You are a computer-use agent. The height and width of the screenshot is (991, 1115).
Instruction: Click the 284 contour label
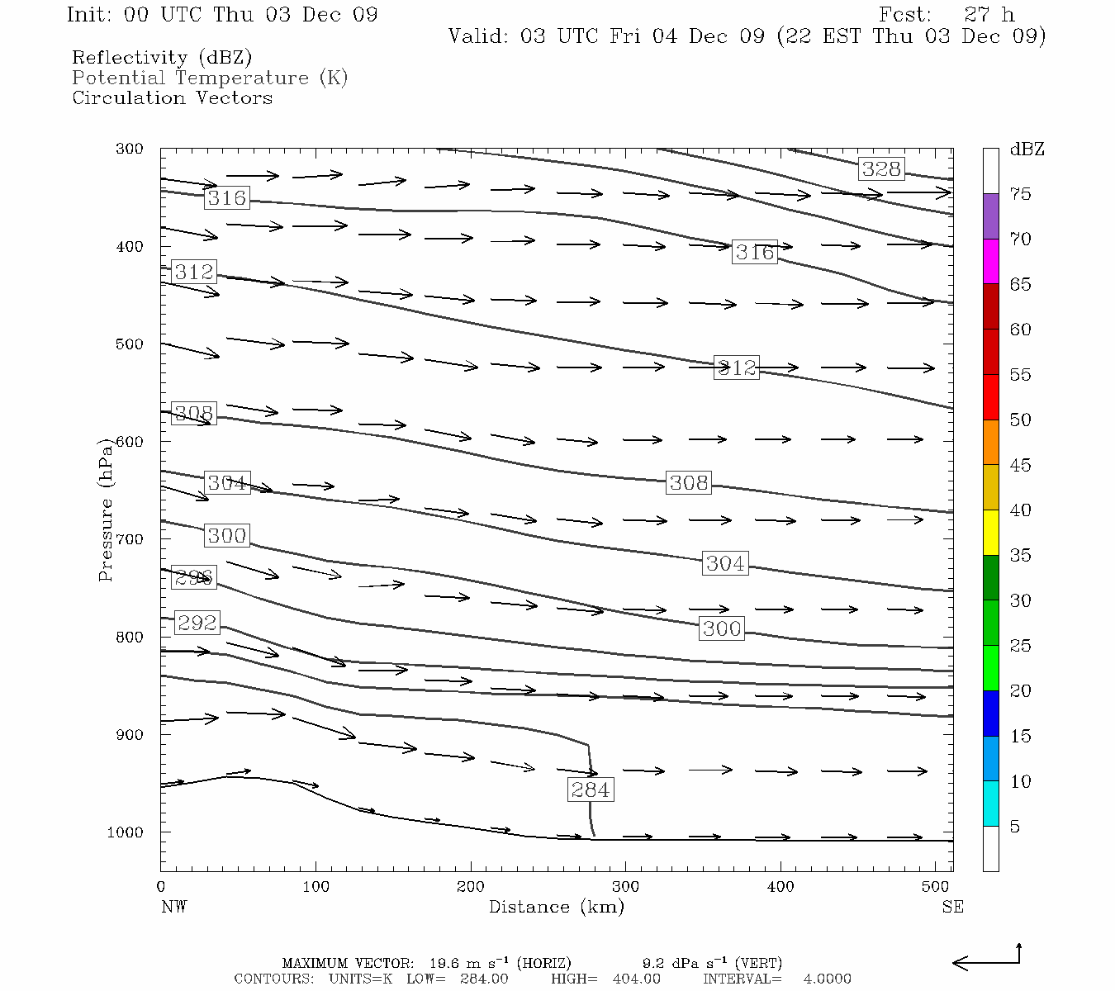point(591,789)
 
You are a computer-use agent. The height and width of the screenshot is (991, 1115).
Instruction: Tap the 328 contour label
point(881,169)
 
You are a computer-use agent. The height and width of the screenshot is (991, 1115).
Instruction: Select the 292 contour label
point(197,623)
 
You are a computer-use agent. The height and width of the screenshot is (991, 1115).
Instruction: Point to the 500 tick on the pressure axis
point(130,344)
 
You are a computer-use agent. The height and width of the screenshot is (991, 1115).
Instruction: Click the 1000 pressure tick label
point(125,832)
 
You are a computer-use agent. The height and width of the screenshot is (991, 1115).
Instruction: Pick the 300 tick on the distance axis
point(625,887)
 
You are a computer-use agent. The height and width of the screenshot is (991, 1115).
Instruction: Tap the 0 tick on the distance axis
point(161,887)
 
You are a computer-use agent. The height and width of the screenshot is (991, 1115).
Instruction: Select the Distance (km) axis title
point(556,907)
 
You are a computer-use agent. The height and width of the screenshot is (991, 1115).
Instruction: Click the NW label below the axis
point(173,907)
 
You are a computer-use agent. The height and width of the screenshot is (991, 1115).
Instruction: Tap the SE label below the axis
point(952,907)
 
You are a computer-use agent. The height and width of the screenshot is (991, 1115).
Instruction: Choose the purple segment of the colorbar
point(990,216)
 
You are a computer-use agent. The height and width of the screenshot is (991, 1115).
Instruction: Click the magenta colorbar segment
point(990,262)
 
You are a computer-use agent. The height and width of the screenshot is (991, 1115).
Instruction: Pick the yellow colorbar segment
point(990,533)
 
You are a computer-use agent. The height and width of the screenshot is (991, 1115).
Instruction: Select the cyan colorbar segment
point(990,804)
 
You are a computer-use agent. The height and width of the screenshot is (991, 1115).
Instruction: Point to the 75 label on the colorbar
point(1020,194)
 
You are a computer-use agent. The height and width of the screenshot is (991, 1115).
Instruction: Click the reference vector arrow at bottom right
point(987,961)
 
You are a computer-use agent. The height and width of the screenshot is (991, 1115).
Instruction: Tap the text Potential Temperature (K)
point(210,78)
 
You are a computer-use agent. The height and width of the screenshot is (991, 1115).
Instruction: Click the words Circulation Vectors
point(172,98)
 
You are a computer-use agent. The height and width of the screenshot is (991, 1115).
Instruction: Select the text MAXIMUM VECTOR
point(347,963)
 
